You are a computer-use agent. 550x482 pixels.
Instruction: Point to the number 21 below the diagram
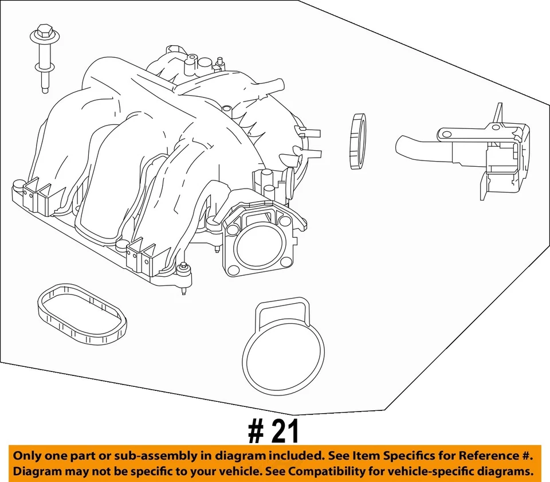[x=285, y=432]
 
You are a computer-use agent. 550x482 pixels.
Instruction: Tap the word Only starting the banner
[x=29, y=457]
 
